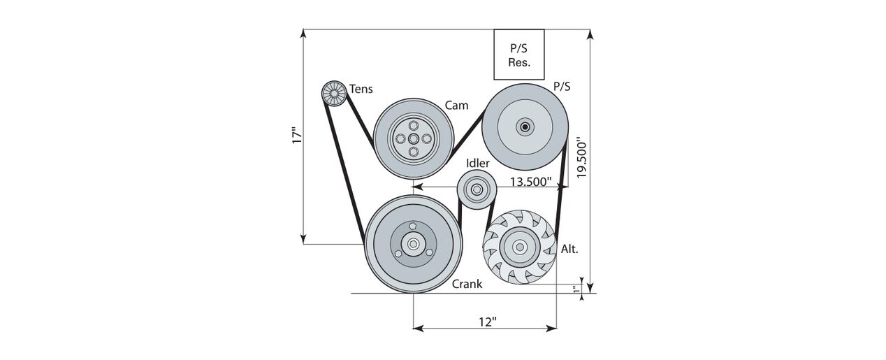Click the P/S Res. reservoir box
519,55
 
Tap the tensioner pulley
334,94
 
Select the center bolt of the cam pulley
414,138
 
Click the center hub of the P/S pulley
525,127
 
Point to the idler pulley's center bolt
477,189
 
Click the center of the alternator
520,247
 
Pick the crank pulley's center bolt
414,244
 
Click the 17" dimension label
297,136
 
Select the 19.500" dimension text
581,157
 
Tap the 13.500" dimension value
530,182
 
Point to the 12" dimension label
488,322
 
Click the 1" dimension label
577,289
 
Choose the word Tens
361,89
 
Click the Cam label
456,106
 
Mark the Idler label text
478,163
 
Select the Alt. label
569,249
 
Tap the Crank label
467,284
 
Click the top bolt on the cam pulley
414,125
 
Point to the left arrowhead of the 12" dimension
419,328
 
